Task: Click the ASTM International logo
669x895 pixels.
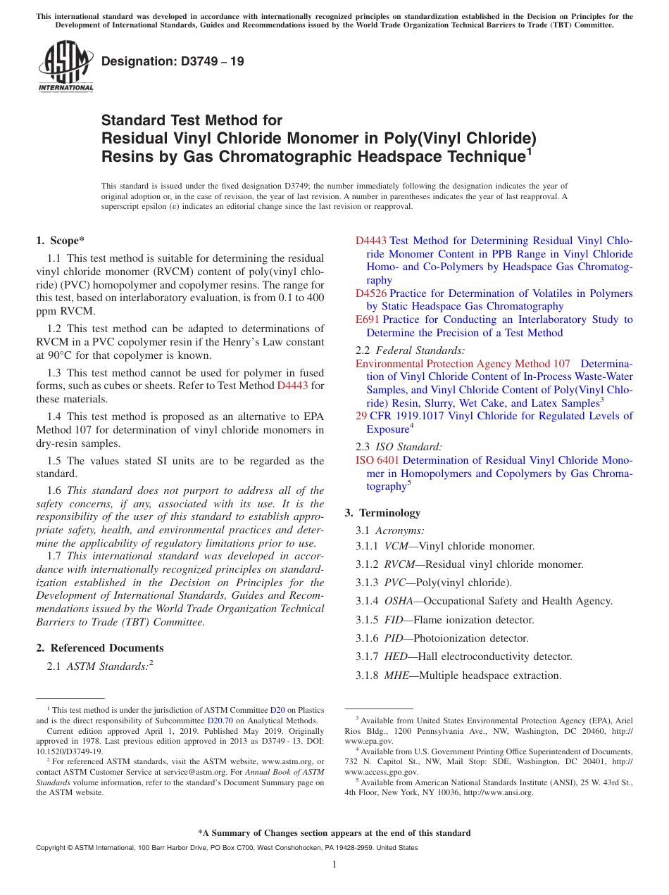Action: coord(65,67)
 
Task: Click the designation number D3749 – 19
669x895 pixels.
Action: coord(173,62)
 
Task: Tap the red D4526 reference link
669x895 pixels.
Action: coord(371,293)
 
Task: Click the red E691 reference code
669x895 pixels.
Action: coord(368,319)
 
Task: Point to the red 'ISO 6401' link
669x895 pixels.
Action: coord(377,460)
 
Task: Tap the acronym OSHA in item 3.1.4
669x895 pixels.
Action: coord(398,601)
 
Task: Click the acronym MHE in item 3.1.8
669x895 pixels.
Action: coord(396,675)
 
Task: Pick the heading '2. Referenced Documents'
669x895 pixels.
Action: coord(99,648)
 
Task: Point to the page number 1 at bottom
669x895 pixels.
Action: coord(334,865)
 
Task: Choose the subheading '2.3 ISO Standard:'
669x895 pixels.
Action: coord(399,446)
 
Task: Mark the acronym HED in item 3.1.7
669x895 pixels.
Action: coord(394,656)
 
